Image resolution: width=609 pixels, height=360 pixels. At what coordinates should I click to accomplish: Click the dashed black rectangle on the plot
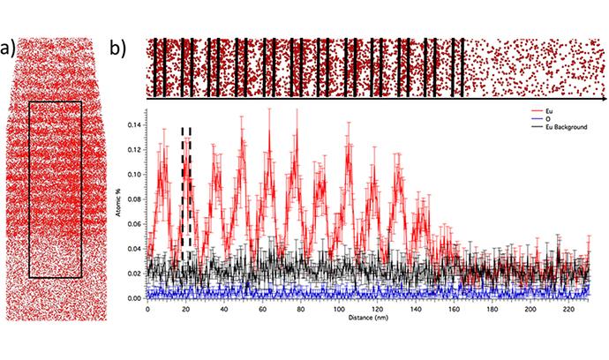pyautogui.click(x=186, y=190)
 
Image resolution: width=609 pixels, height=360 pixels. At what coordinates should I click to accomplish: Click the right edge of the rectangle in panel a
pyautogui.click(x=82, y=189)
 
